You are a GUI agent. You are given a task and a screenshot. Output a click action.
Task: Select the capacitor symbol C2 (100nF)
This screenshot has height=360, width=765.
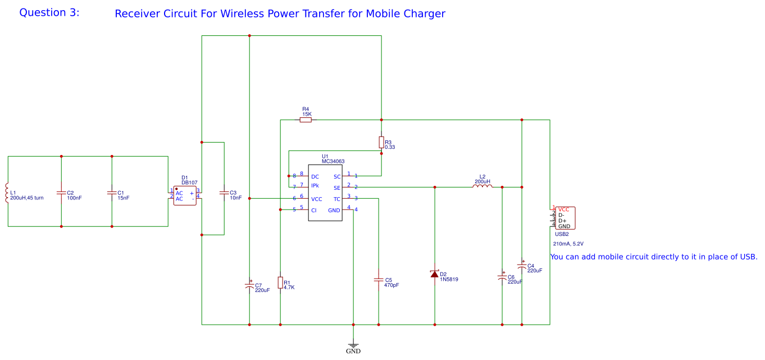point(61,193)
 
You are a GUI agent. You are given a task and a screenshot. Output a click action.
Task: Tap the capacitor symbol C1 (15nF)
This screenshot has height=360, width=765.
point(112,193)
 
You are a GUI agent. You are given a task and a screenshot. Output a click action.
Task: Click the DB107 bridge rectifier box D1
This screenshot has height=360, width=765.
point(184,195)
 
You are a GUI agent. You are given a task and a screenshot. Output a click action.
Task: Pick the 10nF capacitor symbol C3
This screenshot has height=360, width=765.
point(224,193)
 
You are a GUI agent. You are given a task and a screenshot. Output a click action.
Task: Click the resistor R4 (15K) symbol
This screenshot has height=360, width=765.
point(306,120)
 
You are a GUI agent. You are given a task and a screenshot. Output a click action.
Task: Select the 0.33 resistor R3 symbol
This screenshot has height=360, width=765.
point(381,142)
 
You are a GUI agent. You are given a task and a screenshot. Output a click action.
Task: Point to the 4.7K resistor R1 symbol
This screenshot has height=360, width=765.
point(280,282)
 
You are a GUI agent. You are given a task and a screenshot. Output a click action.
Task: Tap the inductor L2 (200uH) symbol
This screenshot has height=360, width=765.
point(482,186)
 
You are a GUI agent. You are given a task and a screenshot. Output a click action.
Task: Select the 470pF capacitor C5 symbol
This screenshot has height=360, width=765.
point(379,279)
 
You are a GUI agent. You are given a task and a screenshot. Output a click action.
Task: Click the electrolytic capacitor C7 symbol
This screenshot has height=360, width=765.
point(249,285)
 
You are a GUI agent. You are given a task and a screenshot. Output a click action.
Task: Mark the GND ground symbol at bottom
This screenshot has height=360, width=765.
point(353,345)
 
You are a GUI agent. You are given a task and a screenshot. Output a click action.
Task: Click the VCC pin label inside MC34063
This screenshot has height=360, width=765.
point(317,199)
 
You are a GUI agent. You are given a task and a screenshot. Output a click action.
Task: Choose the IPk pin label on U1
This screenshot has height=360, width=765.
point(315,186)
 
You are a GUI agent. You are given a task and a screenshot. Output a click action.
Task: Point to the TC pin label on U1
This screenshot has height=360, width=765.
point(337,199)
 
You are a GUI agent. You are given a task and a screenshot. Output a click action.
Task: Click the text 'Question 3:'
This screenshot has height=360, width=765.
point(49,12)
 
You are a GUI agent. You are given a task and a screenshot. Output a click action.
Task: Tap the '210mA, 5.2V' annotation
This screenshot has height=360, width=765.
point(568,244)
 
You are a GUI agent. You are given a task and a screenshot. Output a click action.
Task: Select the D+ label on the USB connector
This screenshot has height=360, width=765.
point(562,221)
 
